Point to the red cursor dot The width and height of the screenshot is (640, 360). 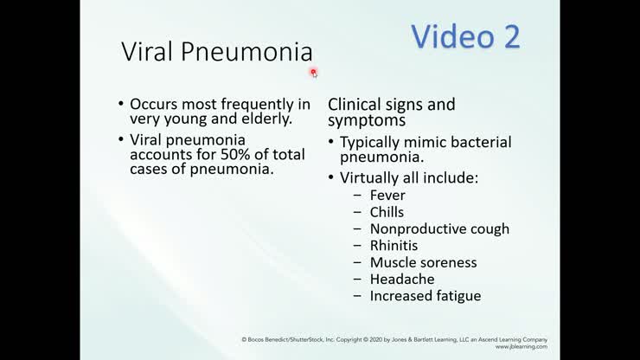(x=313, y=73)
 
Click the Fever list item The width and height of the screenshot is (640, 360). (x=387, y=196)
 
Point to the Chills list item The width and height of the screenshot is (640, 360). (x=387, y=212)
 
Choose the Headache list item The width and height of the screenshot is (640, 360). (x=402, y=279)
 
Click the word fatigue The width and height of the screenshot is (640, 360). (x=456, y=296)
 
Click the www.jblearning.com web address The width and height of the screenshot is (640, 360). (x=521, y=346)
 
